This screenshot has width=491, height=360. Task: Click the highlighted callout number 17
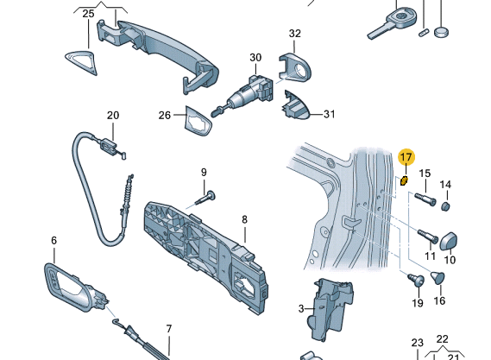coord(406,157)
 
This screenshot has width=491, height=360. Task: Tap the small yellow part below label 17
coord(404,180)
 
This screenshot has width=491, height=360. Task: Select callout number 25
coord(89,14)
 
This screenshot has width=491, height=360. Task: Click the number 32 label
coord(294,34)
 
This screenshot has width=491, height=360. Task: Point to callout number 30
coord(255,58)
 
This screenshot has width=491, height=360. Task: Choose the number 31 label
coord(328,114)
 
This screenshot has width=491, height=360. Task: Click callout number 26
coord(165,115)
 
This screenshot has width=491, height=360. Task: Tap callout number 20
coord(113,115)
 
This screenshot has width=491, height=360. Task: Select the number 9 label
coord(205,172)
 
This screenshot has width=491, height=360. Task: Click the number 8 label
coord(244,219)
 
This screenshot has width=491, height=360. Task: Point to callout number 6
coord(54,240)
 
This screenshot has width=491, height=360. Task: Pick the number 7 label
coord(169,329)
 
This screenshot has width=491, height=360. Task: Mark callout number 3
coord(301,308)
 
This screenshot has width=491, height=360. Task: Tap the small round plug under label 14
coord(446,206)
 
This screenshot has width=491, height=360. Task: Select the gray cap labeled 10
coord(450,238)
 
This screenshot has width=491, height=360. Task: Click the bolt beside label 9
coord(204,198)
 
